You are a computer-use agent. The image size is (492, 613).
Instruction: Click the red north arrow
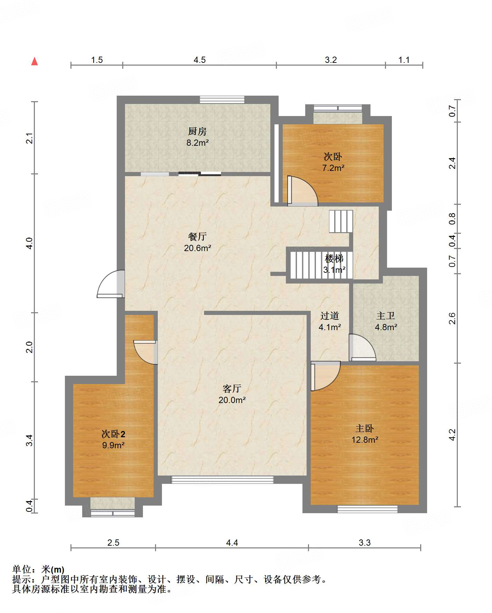click(x=35, y=61)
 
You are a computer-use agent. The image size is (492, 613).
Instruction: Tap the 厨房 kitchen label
click(x=197, y=131)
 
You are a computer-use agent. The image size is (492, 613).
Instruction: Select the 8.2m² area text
click(x=197, y=143)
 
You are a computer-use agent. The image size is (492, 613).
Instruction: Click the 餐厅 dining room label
click(x=197, y=237)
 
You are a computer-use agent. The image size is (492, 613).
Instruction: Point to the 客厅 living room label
click(x=232, y=389)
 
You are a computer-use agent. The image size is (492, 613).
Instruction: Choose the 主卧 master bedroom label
click(x=365, y=429)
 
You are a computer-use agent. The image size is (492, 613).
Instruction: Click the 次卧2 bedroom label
click(x=113, y=434)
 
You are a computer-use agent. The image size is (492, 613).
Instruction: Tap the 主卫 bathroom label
click(x=386, y=316)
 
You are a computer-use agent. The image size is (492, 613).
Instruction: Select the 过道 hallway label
click(x=330, y=316)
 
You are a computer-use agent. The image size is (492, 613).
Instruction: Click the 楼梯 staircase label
click(x=334, y=258)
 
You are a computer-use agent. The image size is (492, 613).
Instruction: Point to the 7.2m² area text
click(x=333, y=168)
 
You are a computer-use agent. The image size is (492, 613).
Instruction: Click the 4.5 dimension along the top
click(x=200, y=60)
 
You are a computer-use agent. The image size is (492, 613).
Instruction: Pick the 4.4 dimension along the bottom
click(x=232, y=543)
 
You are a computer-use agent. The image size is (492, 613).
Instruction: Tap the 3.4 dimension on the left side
click(x=30, y=440)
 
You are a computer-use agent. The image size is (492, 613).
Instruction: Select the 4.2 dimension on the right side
click(x=452, y=435)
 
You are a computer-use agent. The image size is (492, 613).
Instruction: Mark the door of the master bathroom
click(x=362, y=347)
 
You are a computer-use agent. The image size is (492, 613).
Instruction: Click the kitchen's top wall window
click(x=222, y=100)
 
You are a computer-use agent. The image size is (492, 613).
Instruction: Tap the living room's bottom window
click(x=222, y=480)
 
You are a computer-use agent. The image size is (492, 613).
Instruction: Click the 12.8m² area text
click(x=365, y=440)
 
